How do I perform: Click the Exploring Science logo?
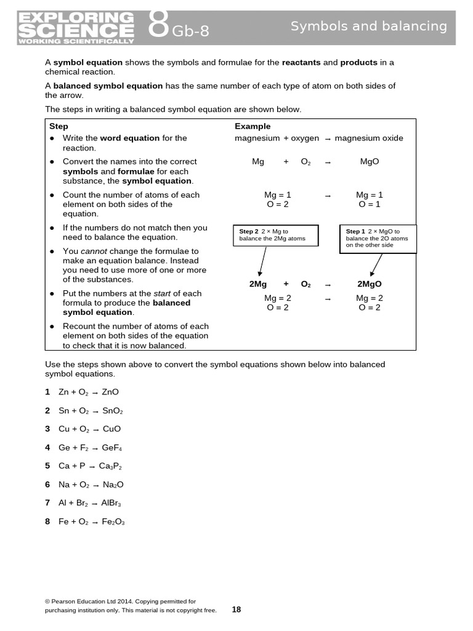[76, 28]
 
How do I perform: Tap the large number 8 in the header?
[158, 26]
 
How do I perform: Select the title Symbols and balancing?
[368, 26]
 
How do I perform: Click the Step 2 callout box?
[275, 235]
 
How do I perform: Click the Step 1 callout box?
[378, 238]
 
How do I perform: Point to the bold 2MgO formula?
[370, 284]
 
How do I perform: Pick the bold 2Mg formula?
[258, 284]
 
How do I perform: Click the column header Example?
[253, 126]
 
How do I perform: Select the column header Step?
[59, 126]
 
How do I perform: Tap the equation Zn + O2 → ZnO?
[89, 392]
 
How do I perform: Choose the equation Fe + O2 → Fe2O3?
[92, 522]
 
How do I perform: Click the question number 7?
[47, 503]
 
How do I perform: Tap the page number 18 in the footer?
[236, 609]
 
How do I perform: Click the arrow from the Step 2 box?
[262, 261]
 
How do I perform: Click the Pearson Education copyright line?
[121, 601]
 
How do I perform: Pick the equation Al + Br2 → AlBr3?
[90, 503]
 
